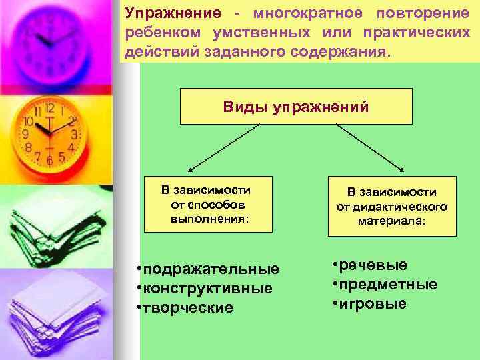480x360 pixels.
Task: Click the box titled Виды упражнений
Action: point(296,107)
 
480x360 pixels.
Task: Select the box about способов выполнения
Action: point(208,203)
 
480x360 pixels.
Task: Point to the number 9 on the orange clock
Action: point(26,133)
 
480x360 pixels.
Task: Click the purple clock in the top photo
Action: point(49,40)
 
